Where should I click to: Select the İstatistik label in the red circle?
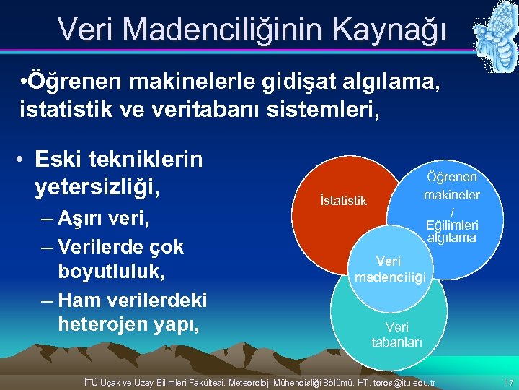(343, 200)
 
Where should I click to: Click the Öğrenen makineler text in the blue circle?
(451, 186)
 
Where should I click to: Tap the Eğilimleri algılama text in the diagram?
(451, 230)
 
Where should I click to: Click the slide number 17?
(508, 381)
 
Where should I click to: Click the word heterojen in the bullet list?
(111, 325)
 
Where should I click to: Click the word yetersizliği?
(97, 186)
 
